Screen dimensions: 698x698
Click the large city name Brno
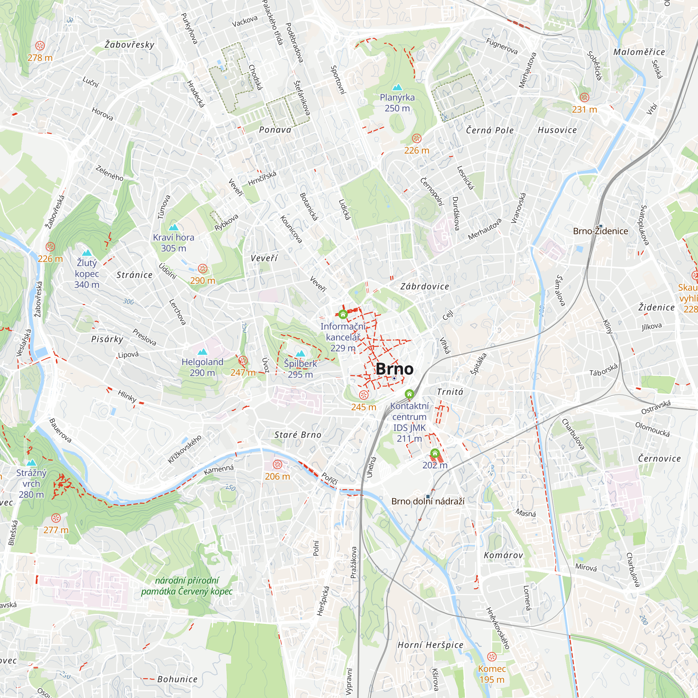[x=394, y=369]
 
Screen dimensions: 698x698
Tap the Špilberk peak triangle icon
[x=300, y=353]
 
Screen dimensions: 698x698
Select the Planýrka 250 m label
[x=397, y=103]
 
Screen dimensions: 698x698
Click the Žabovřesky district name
[x=129, y=45]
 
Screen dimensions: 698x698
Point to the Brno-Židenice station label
[x=600, y=231]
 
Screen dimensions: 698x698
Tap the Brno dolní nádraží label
[x=428, y=501]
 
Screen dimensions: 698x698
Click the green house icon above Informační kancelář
[x=343, y=314]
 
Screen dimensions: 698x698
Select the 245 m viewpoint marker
[x=364, y=394]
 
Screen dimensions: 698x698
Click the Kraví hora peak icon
[x=174, y=227]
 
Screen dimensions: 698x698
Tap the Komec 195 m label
[x=492, y=674]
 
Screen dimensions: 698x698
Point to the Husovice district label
[x=557, y=130]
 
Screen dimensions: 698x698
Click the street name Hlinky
[x=127, y=396]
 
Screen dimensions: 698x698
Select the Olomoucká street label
[x=653, y=429]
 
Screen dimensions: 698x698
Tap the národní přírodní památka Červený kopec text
[x=187, y=586]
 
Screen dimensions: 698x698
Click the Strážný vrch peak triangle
[x=31, y=462]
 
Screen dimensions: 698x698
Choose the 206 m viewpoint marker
[x=277, y=464]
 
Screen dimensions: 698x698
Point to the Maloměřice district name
[x=639, y=52]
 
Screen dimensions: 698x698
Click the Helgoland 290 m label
[x=202, y=367]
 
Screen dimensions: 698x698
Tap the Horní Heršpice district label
[x=430, y=645]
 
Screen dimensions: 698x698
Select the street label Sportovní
[x=339, y=80]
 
